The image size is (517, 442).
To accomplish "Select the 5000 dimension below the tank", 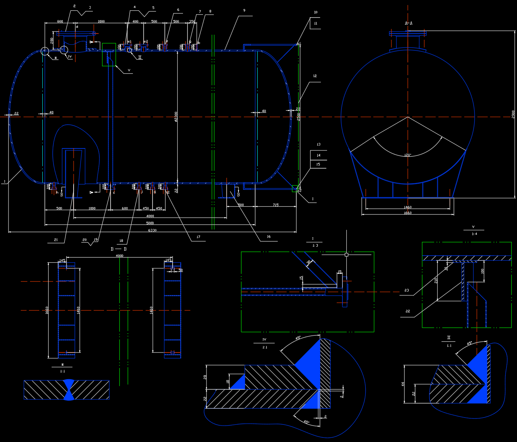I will [150, 223].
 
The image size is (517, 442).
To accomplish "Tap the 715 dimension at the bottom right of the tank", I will [275, 205].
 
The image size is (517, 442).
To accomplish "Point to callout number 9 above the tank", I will [244, 10].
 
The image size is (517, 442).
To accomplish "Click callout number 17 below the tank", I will [198, 237].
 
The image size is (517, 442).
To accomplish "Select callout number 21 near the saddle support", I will [56, 240].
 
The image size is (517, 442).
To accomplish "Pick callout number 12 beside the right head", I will [315, 76].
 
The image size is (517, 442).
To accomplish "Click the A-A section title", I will [408, 23].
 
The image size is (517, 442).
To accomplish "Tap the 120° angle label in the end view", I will [408, 155].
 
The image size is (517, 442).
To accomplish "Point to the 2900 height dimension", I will [513, 114].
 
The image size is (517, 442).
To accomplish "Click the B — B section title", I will [119, 249].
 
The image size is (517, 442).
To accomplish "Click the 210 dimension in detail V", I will [436, 279].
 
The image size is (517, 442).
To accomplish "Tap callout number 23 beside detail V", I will [406, 290].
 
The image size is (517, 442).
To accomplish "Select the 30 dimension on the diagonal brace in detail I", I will [309, 262].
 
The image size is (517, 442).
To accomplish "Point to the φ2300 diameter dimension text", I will [176, 116].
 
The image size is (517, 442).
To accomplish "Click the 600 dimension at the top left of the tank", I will [60, 22].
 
